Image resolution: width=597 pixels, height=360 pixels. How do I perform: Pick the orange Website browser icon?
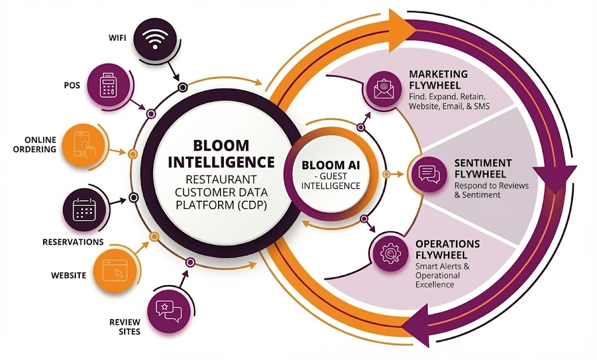114,271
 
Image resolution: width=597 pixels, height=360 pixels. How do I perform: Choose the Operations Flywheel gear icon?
388,252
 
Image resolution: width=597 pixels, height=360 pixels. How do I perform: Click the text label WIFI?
117,39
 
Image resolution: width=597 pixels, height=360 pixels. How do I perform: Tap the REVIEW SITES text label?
125,326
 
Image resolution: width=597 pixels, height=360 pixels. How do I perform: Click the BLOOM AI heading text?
331,165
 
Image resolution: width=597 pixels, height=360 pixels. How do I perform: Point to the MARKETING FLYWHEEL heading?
438,79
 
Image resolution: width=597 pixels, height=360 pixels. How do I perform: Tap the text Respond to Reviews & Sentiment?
491,190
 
